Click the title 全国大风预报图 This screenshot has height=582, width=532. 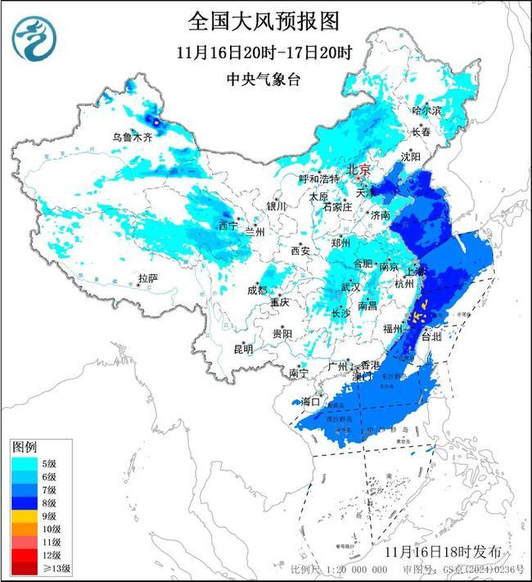263,19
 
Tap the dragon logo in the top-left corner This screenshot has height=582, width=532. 34,39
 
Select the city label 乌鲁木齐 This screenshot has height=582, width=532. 133,138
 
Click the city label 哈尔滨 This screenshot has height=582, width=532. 426,110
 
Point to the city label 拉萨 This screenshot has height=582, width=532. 147,278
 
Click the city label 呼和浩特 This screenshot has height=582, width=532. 318,178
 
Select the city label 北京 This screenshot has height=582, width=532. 358,170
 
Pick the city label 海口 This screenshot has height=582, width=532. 311,402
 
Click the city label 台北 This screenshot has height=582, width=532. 430,336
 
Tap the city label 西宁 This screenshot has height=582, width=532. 228,225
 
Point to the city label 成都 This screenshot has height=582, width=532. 257,291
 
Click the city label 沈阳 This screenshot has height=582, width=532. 411,156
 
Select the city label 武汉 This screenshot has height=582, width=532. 350,287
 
